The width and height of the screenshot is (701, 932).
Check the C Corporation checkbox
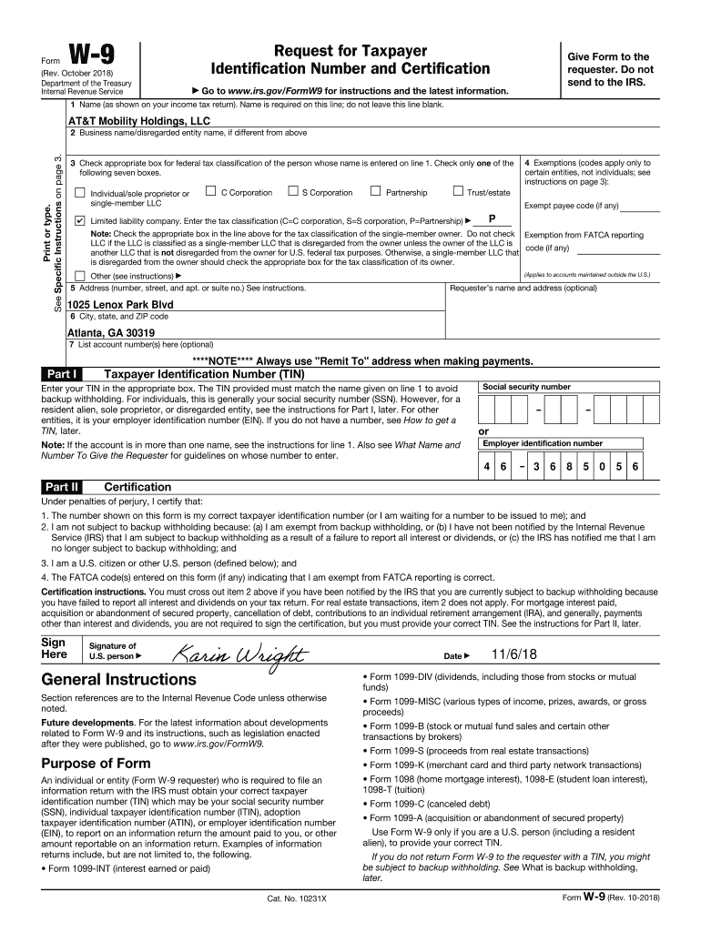(x=210, y=191)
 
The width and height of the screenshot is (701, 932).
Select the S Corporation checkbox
(x=292, y=191)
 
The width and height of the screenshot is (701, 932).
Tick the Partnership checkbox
(x=375, y=191)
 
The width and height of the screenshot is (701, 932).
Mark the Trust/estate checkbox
(x=458, y=191)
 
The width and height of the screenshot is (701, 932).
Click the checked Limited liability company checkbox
(x=80, y=221)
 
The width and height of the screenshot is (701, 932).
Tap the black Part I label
(x=61, y=373)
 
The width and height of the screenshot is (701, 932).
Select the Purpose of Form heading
(x=96, y=763)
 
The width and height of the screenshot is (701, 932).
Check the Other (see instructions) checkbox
(x=80, y=276)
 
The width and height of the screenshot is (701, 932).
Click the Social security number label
(x=526, y=387)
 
